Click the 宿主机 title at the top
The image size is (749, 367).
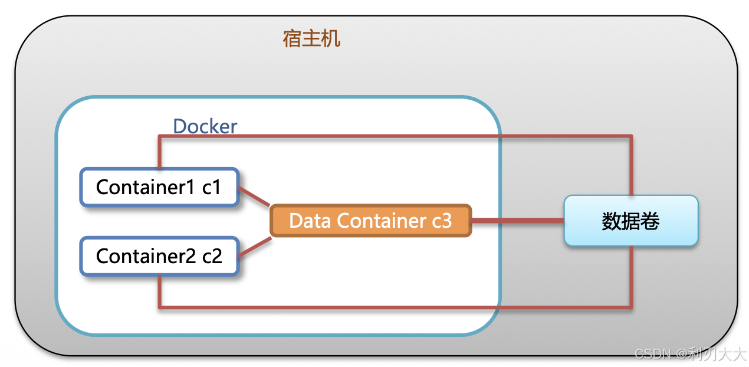tap(311, 40)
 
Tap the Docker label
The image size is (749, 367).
tap(205, 126)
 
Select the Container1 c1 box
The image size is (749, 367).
tap(159, 187)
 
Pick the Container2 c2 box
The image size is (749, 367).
tap(159, 256)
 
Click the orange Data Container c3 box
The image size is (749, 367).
tap(370, 221)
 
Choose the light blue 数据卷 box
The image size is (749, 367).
tap(630, 221)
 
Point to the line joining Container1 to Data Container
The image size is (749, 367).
tap(254, 197)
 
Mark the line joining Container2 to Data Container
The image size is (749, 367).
tap(254, 247)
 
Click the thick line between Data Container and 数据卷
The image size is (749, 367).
tap(517, 221)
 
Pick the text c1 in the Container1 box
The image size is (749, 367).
tap(211, 187)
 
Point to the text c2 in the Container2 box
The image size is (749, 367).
tap(212, 256)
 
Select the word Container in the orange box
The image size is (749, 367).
tap(381, 221)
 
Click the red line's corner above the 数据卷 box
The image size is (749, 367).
tap(631, 137)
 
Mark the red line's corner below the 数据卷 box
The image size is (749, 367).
tap(631, 306)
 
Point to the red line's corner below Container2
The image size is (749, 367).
tap(160, 306)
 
